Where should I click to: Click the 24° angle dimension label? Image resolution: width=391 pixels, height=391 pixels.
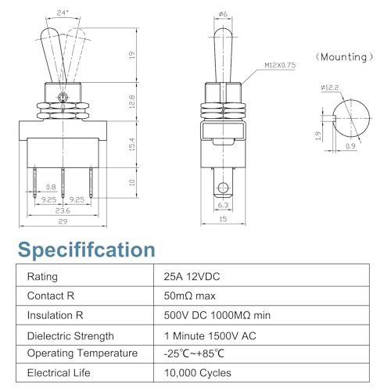63,13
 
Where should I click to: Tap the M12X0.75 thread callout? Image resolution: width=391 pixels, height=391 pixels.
280,65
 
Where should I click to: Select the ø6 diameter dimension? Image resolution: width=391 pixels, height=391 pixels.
223,14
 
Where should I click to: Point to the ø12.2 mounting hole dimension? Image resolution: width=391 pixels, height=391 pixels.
330,88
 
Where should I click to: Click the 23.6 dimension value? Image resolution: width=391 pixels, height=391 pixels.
63,210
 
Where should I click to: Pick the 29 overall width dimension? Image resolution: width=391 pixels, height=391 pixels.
63,221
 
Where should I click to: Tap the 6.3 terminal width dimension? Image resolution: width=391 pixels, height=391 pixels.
223,205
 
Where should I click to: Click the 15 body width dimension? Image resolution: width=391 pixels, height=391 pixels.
223,219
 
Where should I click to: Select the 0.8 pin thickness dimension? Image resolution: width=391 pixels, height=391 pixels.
51,187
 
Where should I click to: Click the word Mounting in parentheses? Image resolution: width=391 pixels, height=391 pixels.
343,57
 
